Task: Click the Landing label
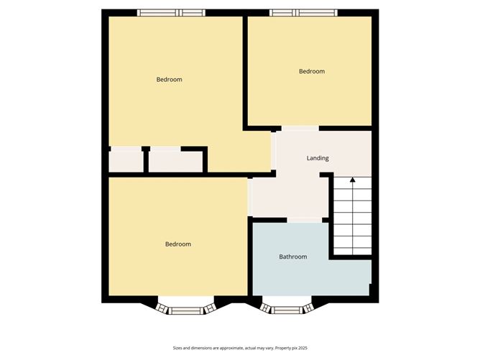coord(318,158)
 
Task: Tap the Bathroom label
coord(293,257)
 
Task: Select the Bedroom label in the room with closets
coord(169,79)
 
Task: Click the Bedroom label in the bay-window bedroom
coord(177,244)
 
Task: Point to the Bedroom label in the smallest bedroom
coord(311,71)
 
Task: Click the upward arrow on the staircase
coord(352,182)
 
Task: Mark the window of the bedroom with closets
coord(171,12)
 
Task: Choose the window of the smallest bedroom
coord(303,12)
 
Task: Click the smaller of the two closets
coord(126,161)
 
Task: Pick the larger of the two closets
coord(175,161)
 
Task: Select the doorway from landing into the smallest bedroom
coord(300,128)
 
